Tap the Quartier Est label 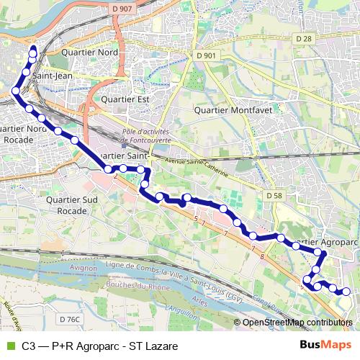125,100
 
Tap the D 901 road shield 205,55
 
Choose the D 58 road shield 273,195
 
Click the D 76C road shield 71,319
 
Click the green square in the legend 9,346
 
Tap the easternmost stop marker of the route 347,292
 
